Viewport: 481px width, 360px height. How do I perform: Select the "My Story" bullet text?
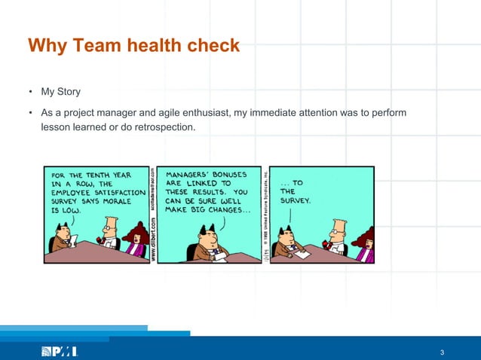(60, 93)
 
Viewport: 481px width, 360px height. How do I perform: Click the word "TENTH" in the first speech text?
(108, 173)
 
